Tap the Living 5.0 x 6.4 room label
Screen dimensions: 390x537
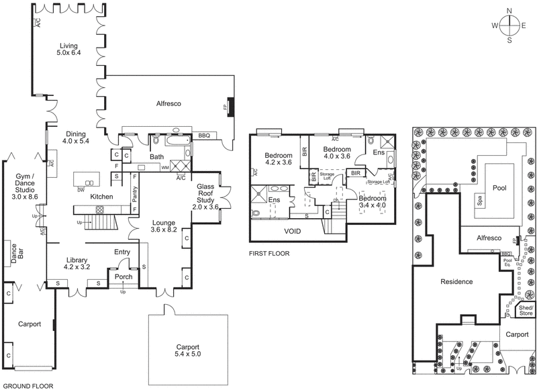click(68, 47)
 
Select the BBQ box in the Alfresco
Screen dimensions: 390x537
click(204, 136)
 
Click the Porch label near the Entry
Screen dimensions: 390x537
click(123, 277)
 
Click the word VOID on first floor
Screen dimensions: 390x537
click(291, 231)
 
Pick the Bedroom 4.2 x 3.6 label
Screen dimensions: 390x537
click(278, 158)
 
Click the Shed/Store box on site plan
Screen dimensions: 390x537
click(526, 309)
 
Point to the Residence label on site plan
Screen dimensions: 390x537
click(456, 282)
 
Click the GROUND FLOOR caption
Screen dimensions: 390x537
click(27, 386)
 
